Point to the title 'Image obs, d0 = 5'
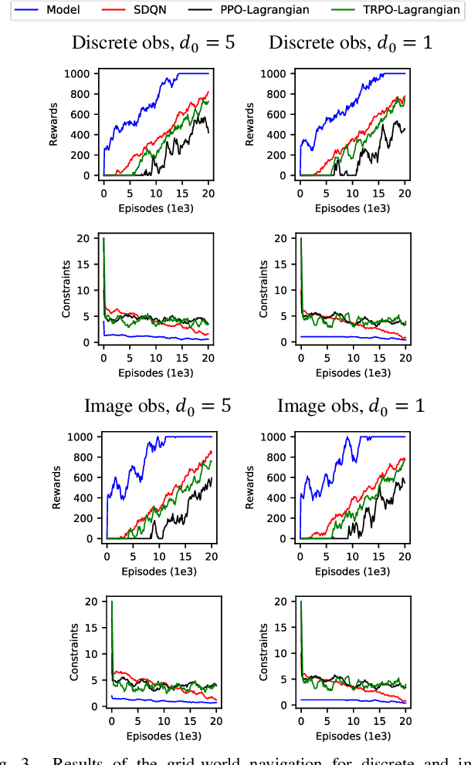[x=158, y=405]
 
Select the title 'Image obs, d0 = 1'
[x=351, y=405]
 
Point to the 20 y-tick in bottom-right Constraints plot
[x=283, y=602]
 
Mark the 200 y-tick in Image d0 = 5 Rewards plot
[x=86, y=518]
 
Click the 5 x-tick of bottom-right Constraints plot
[x=327, y=720]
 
